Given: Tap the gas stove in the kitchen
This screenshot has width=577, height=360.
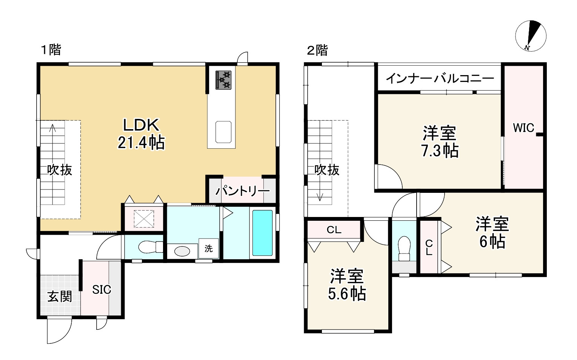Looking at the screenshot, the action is [x=223, y=80].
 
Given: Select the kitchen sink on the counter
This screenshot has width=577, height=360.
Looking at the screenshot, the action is [x=223, y=132].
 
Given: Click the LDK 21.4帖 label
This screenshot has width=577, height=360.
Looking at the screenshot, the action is [x=141, y=134].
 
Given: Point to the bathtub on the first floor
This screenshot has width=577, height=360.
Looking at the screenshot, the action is [x=262, y=232].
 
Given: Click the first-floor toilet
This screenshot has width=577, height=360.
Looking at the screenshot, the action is [x=151, y=247].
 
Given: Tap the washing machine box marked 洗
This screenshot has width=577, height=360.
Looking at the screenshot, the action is [x=208, y=248].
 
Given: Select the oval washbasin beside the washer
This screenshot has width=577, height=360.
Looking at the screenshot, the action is [x=182, y=251].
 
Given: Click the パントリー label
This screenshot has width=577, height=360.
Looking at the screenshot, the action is [x=242, y=191].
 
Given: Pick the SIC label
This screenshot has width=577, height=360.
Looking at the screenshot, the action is [x=102, y=290].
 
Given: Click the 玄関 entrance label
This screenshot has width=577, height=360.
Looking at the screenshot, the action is [x=60, y=297].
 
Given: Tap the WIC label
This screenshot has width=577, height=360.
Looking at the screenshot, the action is [x=523, y=128].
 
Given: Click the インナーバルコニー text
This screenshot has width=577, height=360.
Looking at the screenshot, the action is [x=440, y=78].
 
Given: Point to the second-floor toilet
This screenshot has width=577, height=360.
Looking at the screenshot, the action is [x=404, y=249].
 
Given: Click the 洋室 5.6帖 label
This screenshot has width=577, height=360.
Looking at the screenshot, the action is [x=347, y=285].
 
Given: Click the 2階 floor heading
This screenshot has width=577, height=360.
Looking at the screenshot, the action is [x=317, y=50].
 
